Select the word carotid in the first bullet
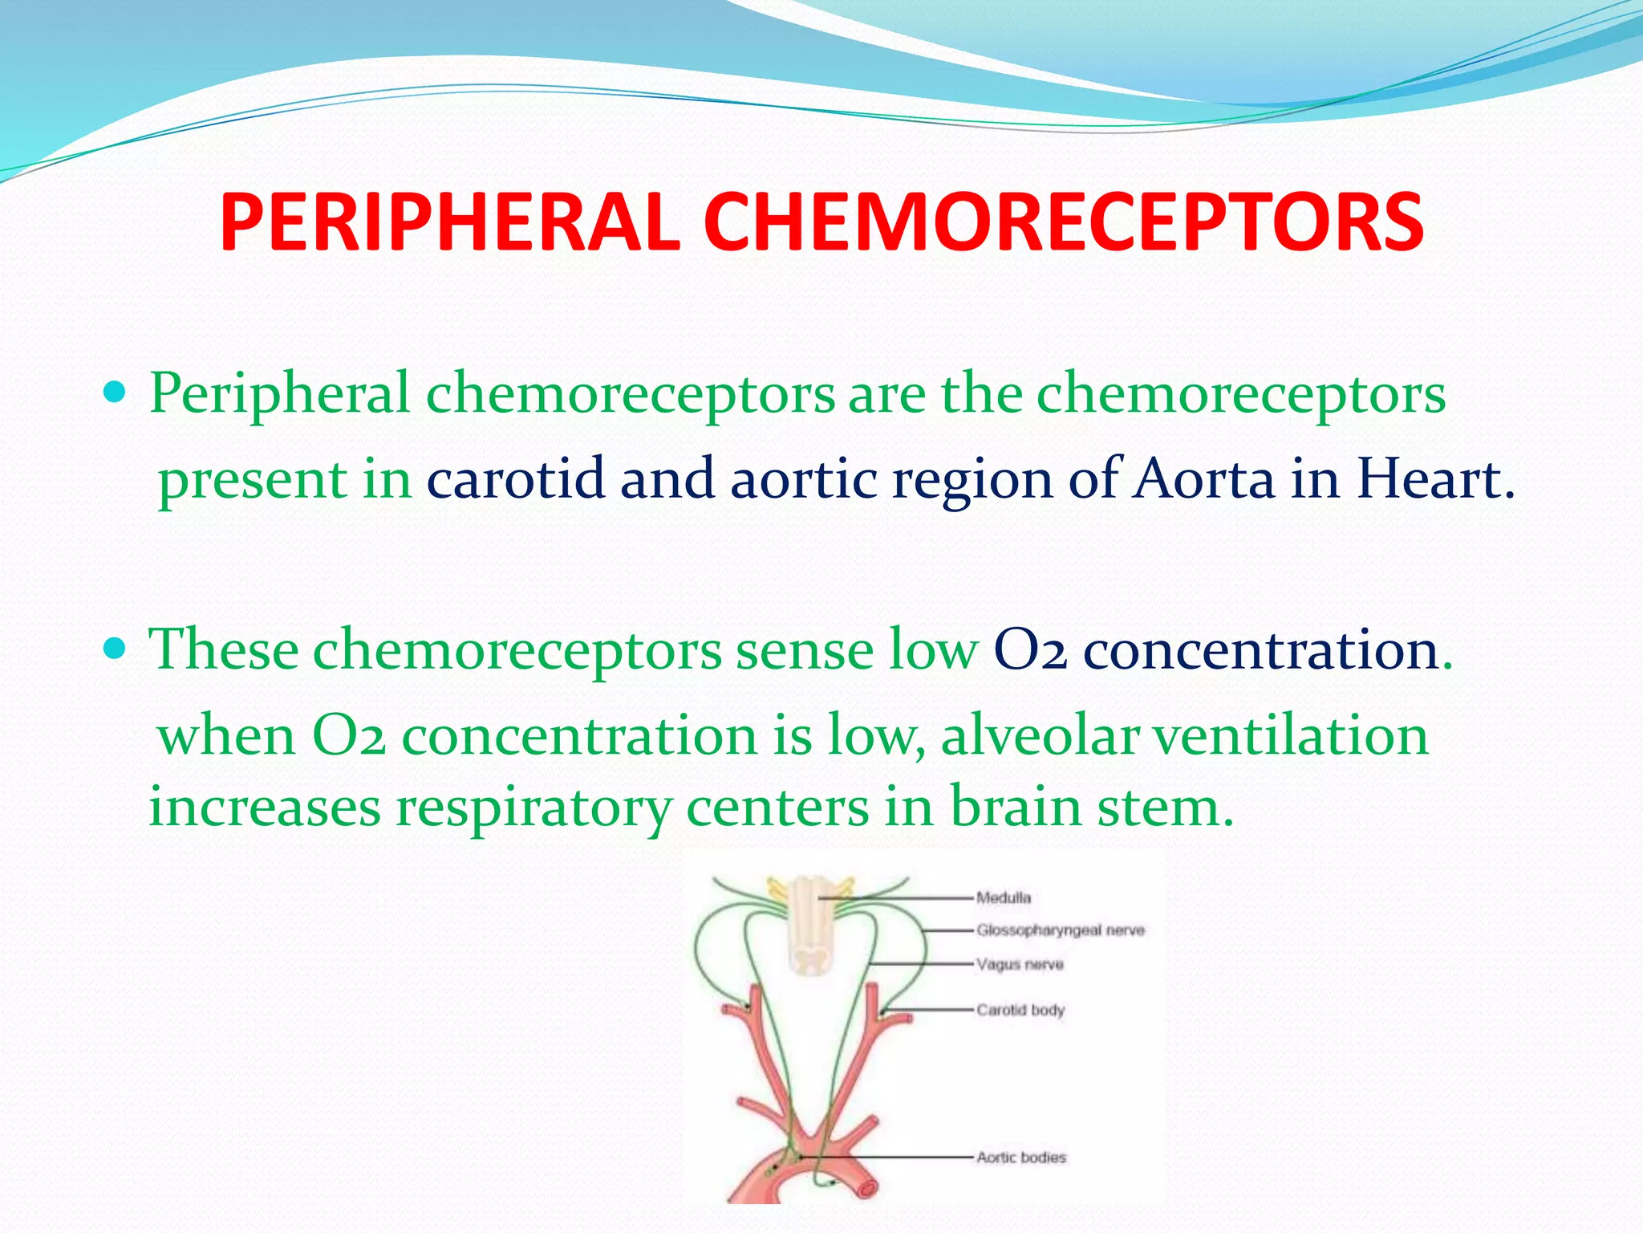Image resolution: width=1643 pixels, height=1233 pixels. point(515,479)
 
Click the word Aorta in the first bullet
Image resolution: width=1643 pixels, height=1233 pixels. point(1203,479)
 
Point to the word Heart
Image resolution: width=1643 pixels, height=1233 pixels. point(1434,479)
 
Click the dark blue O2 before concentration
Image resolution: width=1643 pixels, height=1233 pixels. point(1030,650)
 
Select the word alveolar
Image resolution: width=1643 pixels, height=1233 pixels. point(1040,735)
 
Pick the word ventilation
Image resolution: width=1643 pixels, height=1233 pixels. point(1291,735)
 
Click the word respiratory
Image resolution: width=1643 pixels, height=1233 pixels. point(533,808)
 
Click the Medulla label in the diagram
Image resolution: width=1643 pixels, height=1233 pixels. point(1004,897)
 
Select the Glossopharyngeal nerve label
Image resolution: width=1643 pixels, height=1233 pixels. point(1061,930)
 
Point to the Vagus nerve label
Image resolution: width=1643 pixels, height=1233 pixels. point(1020,964)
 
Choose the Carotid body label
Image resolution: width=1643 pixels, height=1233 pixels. point(1020,1010)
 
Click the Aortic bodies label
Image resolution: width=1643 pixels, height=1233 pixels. point(1021,1158)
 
